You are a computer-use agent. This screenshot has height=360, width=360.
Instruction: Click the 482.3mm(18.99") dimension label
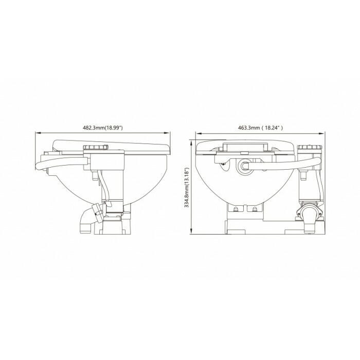coord(103,128)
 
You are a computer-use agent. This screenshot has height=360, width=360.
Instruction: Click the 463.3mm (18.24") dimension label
coord(260,128)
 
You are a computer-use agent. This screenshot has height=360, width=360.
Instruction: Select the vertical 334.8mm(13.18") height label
coord(187,188)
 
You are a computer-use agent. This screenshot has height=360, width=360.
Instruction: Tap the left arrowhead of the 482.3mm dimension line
coord(38,133)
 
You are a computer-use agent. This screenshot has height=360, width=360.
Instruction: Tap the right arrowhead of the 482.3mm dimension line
coord(168,133)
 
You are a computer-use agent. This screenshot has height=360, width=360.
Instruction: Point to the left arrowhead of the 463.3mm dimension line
coord(198,133)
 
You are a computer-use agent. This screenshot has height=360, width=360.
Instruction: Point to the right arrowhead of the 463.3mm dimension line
coord(322,133)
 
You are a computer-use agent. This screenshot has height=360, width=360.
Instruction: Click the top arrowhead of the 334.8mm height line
coord(191,142)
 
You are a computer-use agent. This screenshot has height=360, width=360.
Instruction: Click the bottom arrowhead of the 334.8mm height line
coord(191,231)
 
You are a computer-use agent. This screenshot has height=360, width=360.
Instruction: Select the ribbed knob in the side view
coord(96,147)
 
